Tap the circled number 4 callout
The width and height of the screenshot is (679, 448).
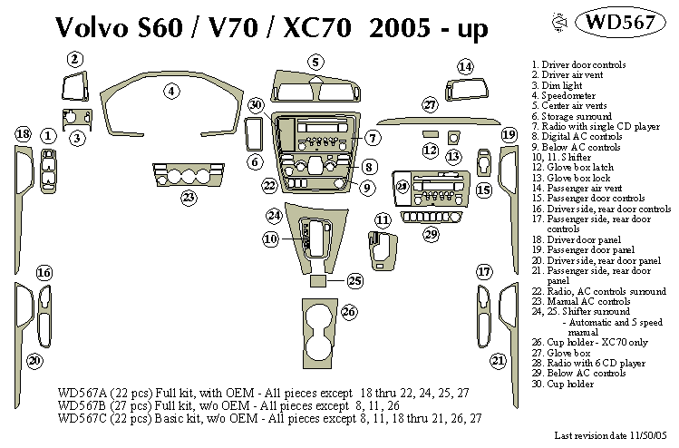pyautogui.click(x=170, y=90)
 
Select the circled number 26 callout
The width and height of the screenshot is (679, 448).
pyautogui.click(x=349, y=312)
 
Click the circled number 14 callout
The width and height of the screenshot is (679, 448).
pyautogui.click(x=465, y=66)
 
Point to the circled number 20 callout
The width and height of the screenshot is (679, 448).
pyautogui.click(x=34, y=361)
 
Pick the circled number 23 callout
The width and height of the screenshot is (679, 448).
pyautogui.click(x=188, y=197)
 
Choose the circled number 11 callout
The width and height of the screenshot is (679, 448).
pyautogui.click(x=383, y=219)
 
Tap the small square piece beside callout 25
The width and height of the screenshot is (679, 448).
pyautogui.click(x=318, y=281)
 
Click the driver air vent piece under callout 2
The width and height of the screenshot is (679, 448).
pyautogui.click(x=76, y=89)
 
